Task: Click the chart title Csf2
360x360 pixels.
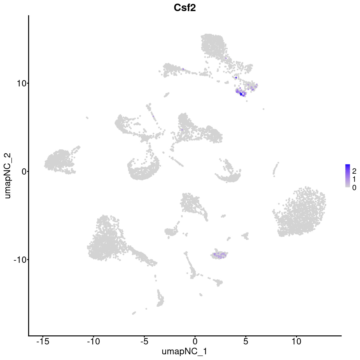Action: [x=184, y=8]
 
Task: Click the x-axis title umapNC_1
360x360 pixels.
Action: [x=184, y=351]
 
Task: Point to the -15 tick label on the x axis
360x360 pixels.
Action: [x=43, y=341]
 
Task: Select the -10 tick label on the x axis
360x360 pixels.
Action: [x=93, y=341]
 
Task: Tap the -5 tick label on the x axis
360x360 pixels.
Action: [x=144, y=341]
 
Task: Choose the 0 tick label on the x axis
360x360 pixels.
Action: [x=195, y=341]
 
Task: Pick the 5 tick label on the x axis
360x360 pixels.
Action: [x=246, y=341]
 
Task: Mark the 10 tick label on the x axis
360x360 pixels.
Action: [x=296, y=341]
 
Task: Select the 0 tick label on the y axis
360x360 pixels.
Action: [x=24, y=171]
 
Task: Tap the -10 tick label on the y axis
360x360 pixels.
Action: [x=20, y=259]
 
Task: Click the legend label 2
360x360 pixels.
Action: [x=354, y=171]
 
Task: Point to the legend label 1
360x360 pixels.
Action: [x=354, y=179]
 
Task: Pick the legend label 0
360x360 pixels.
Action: [x=354, y=187]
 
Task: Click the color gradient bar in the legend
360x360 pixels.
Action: [x=348, y=176]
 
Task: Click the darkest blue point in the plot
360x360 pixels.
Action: [x=241, y=94]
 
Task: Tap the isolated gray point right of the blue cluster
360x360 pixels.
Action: [x=263, y=109]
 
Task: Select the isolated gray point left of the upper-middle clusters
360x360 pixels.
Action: [x=87, y=118]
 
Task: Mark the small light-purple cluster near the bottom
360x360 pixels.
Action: [x=220, y=255]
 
